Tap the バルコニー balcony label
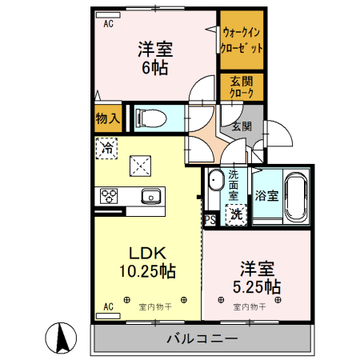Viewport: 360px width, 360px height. (x=202, y=338)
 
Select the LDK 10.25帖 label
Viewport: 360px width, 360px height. (x=149, y=262)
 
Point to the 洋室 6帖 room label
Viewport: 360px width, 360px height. (x=154, y=58)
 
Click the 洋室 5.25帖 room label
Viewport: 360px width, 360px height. (x=256, y=277)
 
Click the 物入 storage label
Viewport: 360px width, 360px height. (x=107, y=119)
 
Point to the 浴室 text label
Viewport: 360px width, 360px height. (x=267, y=196)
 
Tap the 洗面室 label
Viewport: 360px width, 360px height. (x=234, y=184)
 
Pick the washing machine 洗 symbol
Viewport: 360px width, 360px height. (x=236, y=214)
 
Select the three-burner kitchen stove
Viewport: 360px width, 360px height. (x=110, y=196)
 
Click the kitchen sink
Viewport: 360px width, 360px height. (x=150, y=196)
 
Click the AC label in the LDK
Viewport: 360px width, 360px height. (x=108, y=306)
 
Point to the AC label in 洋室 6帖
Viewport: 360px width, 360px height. (x=108, y=23)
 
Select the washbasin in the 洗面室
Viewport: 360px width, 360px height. (x=215, y=182)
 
